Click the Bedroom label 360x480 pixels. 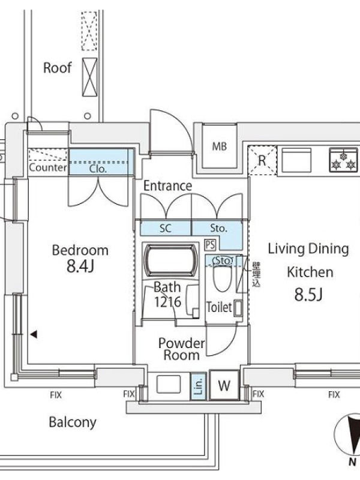tap(80, 250)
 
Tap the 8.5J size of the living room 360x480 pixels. tap(308, 295)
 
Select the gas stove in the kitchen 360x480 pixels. tap(343, 159)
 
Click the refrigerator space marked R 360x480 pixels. tap(262, 160)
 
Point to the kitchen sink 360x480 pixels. tap(296, 160)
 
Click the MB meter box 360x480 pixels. tap(219, 146)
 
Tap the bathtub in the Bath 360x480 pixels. tap(170, 260)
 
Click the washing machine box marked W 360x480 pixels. tap(224, 385)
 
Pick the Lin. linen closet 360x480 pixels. tap(199, 386)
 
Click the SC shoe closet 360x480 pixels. tap(166, 228)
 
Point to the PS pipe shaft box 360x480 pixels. tap(211, 245)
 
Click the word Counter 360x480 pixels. tap(48, 167)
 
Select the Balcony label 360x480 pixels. tap(73, 422)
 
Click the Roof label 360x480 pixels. tap(57, 68)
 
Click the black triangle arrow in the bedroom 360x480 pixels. tap(34, 334)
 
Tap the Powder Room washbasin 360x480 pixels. tap(169, 384)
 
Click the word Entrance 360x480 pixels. tap(168, 185)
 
